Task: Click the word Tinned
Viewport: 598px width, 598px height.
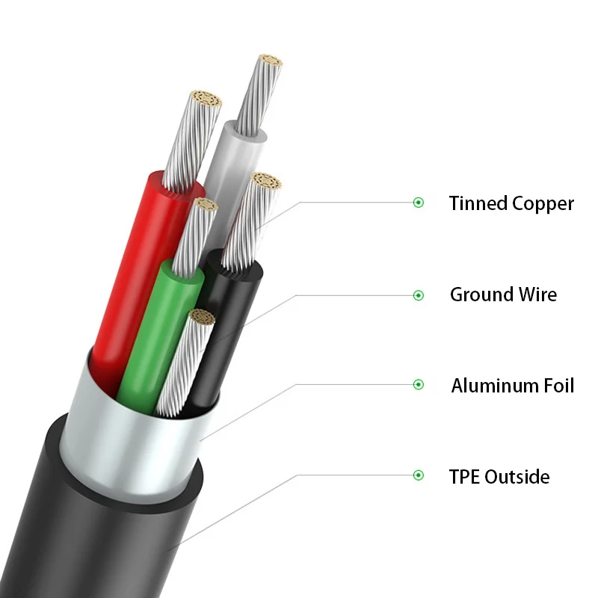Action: point(478,203)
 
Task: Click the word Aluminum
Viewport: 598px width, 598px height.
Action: point(493,386)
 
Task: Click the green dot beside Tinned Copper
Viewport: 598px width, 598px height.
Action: point(419,203)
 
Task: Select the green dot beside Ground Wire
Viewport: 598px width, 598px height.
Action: point(419,295)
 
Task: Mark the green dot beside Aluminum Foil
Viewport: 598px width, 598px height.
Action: point(419,385)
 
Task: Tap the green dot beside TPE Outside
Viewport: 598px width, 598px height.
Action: point(419,475)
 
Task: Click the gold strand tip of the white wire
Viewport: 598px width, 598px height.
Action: point(270,63)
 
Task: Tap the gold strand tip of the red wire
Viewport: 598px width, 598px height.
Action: point(207,99)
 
